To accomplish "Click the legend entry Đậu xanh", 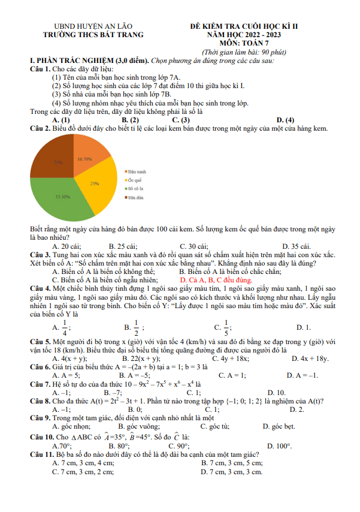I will click(136, 171).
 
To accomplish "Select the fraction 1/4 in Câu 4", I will click(64, 328).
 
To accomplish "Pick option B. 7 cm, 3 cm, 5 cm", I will click(232, 463).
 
